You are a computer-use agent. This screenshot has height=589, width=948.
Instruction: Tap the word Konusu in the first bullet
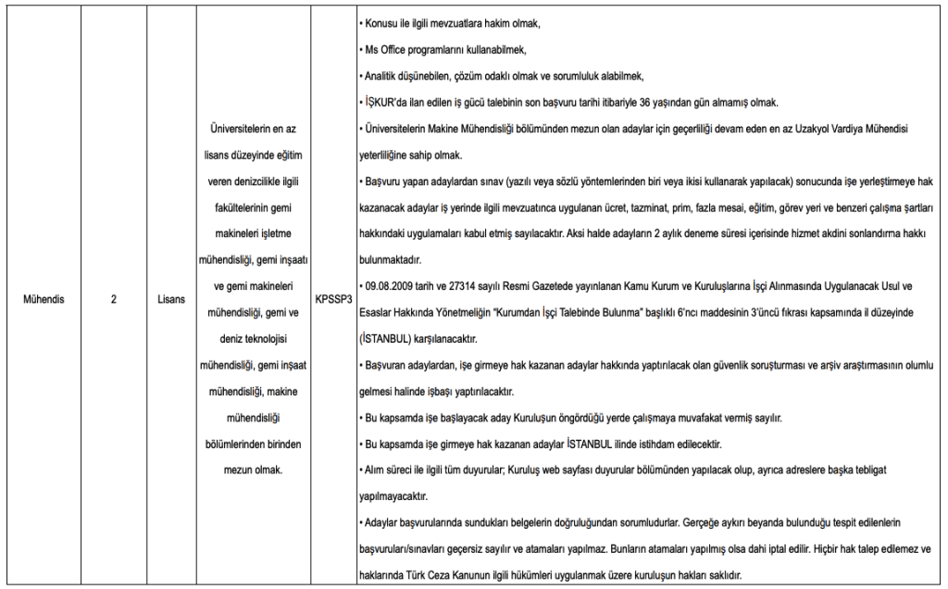coord(380,20)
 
